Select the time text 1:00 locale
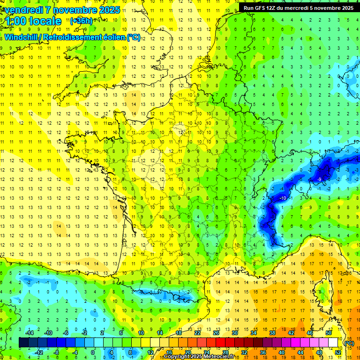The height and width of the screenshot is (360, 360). click(33, 21)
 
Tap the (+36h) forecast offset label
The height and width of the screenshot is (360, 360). click(81, 21)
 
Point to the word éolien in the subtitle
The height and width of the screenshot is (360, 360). click(112, 37)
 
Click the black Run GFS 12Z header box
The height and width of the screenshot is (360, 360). click(299, 8)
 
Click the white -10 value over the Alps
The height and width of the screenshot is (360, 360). click(283, 199)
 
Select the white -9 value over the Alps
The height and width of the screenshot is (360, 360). click(319, 180)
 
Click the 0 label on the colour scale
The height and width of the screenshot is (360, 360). click(93, 352)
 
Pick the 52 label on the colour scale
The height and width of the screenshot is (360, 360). click(338, 352)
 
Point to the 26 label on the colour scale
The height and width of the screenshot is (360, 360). click(216, 333)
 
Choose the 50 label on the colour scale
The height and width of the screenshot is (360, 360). click(329, 333)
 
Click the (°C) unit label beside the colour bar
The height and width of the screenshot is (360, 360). click(349, 343)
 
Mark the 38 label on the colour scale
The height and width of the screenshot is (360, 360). click(272, 333)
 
